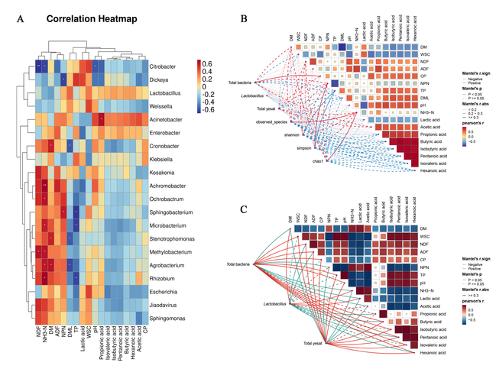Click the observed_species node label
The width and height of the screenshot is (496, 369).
271,122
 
